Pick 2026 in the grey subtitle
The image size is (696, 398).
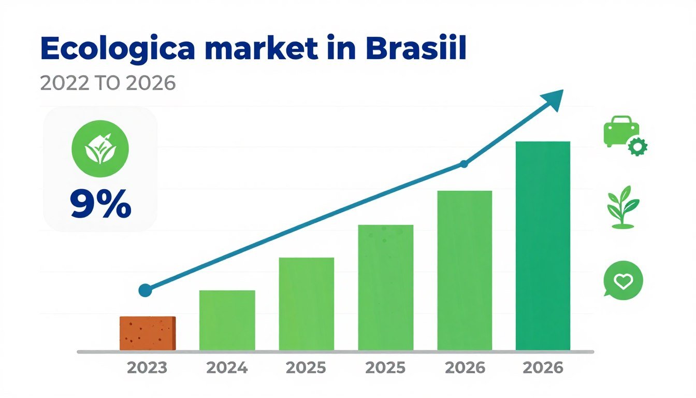pyautogui.click(x=150, y=83)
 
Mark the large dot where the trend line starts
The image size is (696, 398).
pyautogui.click(x=146, y=290)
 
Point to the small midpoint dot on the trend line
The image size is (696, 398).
pyautogui.click(x=464, y=164)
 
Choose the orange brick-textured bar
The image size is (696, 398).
pyautogui.click(x=148, y=333)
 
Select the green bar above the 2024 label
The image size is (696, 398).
pyautogui.click(x=227, y=320)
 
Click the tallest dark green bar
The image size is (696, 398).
pyautogui.click(x=543, y=246)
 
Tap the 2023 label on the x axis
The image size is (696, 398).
pyautogui.click(x=148, y=368)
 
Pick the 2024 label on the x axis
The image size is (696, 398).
pyautogui.click(x=227, y=368)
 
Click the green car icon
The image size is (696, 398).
pyautogui.click(x=621, y=130)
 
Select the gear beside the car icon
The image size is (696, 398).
pyautogui.click(x=637, y=147)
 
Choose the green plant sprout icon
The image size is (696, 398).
pyautogui.click(x=622, y=207)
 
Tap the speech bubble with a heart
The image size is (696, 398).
pyautogui.click(x=623, y=280)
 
